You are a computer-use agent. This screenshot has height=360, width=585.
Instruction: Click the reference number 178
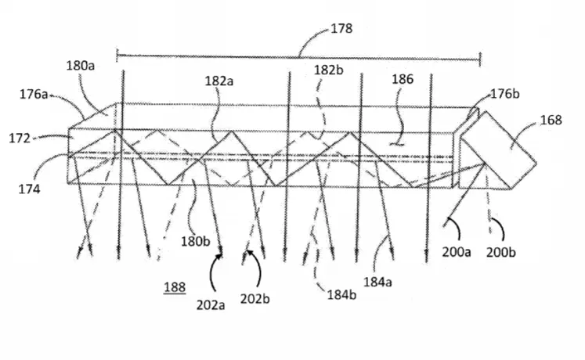tap(341, 29)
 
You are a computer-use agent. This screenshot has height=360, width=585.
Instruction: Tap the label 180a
tap(81, 66)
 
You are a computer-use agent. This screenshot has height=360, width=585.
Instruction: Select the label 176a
tap(34, 94)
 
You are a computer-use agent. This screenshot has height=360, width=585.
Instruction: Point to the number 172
tap(20, 139)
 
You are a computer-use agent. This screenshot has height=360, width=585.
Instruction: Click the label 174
tap(29, 189)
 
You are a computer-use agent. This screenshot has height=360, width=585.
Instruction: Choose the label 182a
tap(219, 81)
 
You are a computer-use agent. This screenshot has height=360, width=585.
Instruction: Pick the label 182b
tap(329, 70)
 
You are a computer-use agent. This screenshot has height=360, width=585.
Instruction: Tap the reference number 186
tap(403, 79)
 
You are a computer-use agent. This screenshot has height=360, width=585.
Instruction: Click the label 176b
tap(505, 94)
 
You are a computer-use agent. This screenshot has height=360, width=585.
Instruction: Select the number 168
tap(551, 120)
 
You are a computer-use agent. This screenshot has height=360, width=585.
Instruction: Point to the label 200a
tap(457, 252)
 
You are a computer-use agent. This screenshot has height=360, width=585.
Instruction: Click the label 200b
tap(501, 252)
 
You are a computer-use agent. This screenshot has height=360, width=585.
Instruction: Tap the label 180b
tap(196, 241)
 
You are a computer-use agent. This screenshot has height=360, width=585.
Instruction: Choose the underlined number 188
tap(175, 287)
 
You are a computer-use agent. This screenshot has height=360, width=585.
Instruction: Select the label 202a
tap(211, 305)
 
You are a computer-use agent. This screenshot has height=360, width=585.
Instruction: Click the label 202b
tap(255, 298)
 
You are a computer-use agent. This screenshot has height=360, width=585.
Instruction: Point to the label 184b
tap(341, 295)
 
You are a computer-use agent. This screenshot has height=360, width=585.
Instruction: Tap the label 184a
tap(377, 282)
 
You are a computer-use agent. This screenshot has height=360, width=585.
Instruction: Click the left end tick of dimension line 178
tap(117, 56)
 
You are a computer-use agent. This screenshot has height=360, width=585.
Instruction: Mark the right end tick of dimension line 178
tap(480, 59)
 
